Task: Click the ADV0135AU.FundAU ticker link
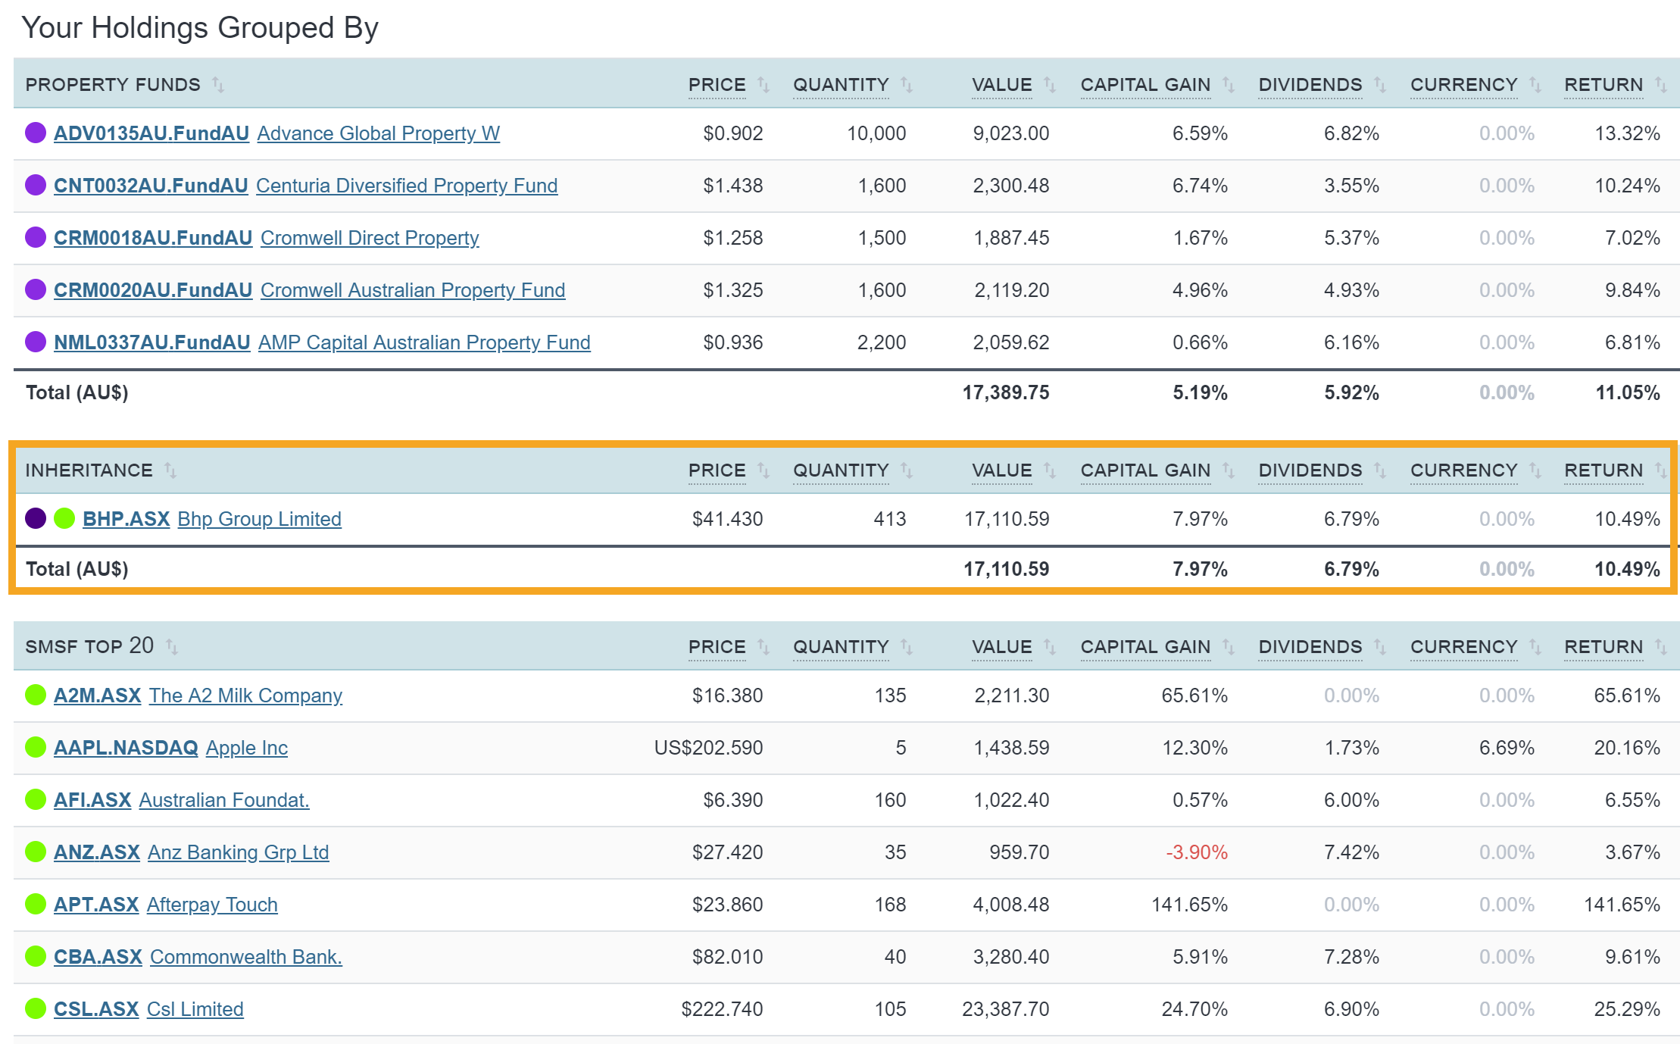point(151,133)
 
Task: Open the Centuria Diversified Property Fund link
point(407,186)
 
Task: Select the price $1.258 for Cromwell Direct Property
point(732,238)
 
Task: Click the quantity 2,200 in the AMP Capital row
point(881,342)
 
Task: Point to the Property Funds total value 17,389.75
point(1005,392)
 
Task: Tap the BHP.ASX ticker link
point(126,519)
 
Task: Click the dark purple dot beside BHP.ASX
point(36,518)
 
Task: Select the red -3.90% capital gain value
point(1196,852)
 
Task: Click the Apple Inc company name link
point(247,748)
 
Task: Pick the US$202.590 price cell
point(708,748)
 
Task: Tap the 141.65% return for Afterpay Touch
point(1621,905)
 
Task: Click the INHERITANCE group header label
point(89,470)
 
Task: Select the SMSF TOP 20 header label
point(89,646)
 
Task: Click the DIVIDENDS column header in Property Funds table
point(1310,85)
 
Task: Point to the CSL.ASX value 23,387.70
point(1005,1009)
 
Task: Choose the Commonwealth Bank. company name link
point(246,957)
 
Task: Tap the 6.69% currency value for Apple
point(1506,748)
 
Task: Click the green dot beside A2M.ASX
point(36,695)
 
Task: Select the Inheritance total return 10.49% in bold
point(1626,569)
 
